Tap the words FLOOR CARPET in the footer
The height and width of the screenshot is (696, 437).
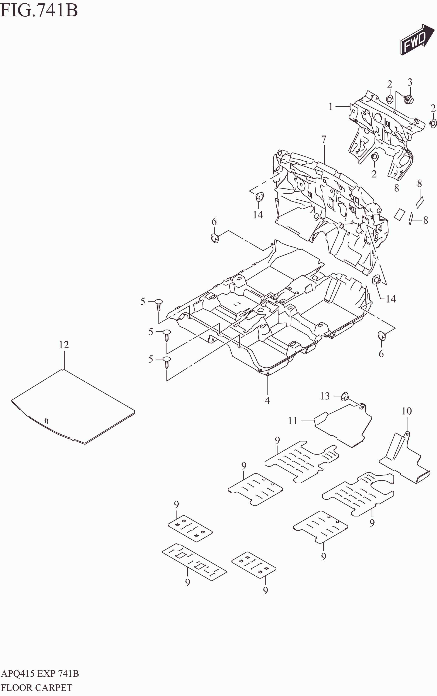pos(37,687)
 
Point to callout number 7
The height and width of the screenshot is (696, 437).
pos(324,139)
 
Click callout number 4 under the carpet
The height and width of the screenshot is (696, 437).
pos(267,401)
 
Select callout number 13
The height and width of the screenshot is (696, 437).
pos(325,396)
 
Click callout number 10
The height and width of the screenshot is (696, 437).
pos(406,411)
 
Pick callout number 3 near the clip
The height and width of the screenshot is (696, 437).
pos(410,82)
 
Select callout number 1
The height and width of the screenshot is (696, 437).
pos(331,107)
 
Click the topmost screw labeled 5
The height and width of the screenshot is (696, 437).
pos(158,304)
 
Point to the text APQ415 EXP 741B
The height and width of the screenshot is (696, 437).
pos(40,674)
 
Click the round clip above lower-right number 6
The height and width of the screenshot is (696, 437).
pos(382,336)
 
